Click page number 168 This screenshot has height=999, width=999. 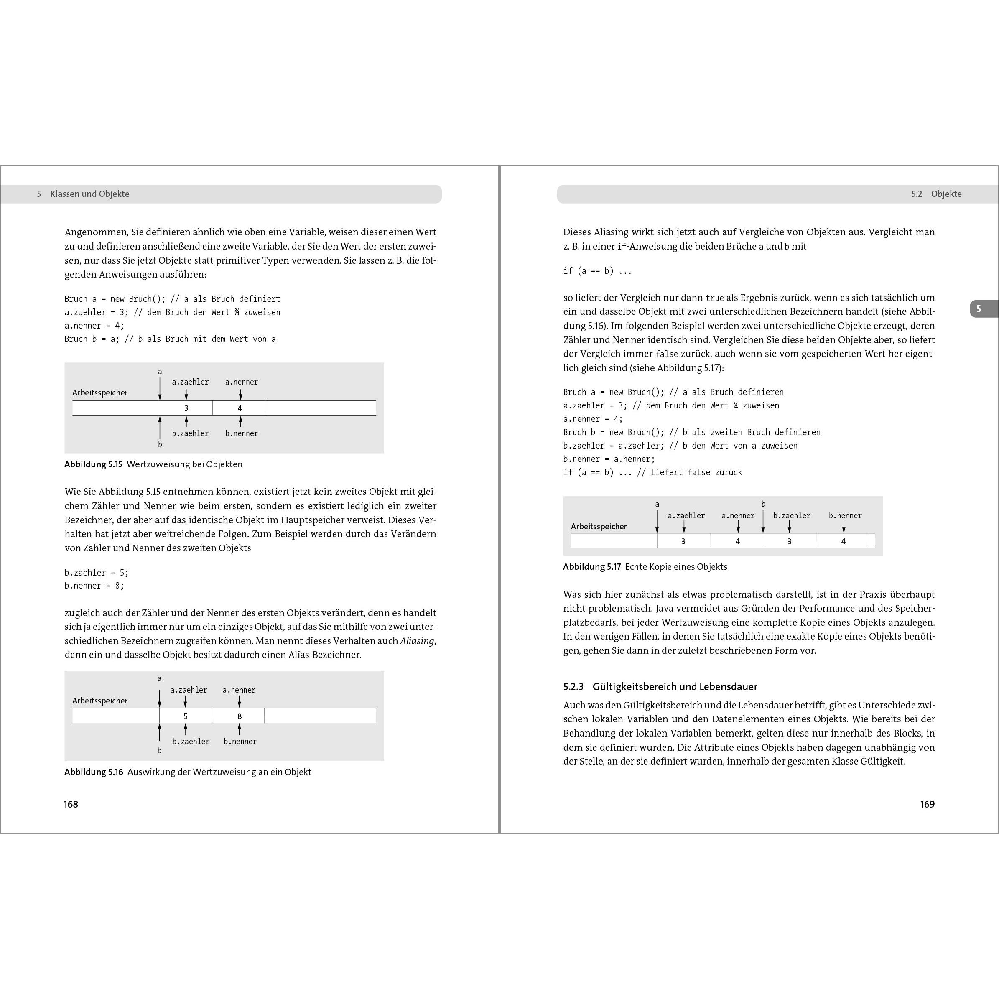point(71,804)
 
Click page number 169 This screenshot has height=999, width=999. point(927,804)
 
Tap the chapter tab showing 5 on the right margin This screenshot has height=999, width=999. point(979,309)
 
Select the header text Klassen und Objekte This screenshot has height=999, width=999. point(89,194)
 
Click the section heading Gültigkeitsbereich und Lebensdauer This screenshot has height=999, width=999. point(674,687)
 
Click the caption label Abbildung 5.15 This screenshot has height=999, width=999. point(93,464)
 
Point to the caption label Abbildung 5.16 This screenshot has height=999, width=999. point(94,772)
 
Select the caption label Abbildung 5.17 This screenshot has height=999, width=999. point(591,567)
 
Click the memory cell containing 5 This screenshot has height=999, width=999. point(186,716)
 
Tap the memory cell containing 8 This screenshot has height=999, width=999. point(240,716)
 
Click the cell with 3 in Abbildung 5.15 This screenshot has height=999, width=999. point(186,408)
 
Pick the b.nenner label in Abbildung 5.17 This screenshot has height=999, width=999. point(845,515)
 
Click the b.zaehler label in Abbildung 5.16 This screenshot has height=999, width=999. point(191,742)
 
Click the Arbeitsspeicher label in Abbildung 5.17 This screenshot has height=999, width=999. point(598,526)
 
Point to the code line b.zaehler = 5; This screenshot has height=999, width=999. point(96,572)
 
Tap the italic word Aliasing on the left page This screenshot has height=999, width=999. point(417,641)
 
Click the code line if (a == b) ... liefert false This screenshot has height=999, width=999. point(652,472)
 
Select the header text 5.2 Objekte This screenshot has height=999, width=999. point(936,194)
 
